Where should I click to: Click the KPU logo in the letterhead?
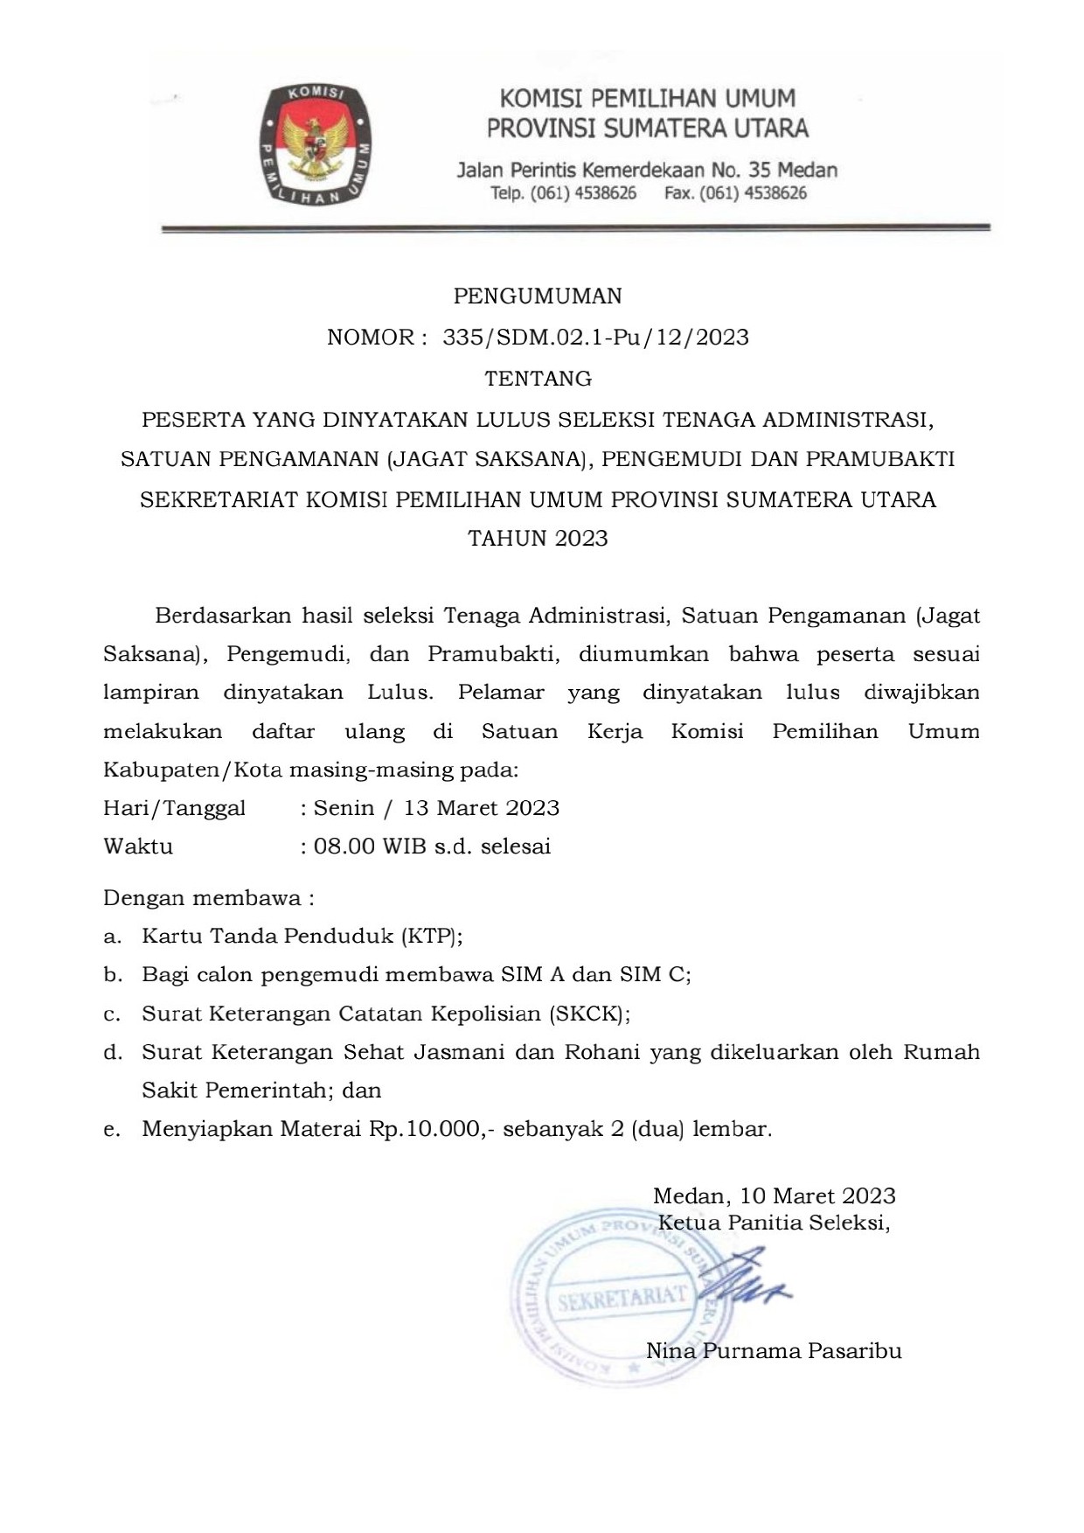(x=315, y=145)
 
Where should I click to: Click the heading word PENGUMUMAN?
(x=538, y=296)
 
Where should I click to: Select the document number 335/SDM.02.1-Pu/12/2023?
(x=595, y=338)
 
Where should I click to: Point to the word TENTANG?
(x=538, y=379)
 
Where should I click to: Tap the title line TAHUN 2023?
(x=538, y=538)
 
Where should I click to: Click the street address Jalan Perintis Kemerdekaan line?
(x=647, y=170)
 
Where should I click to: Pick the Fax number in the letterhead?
(x=735, y=193)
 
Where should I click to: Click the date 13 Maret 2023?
(x=482, y=808)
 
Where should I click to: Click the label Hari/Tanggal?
(x=174, y=808)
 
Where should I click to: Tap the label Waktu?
(x=138, y=847)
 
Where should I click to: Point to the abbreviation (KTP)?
(x=430, y=937)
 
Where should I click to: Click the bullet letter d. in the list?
(x=112, y=1052)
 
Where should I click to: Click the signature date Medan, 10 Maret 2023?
(x=774, y=1195)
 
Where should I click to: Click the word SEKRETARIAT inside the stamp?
(x=622, y=1298)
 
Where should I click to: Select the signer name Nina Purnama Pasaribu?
(x=774, y=1351)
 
